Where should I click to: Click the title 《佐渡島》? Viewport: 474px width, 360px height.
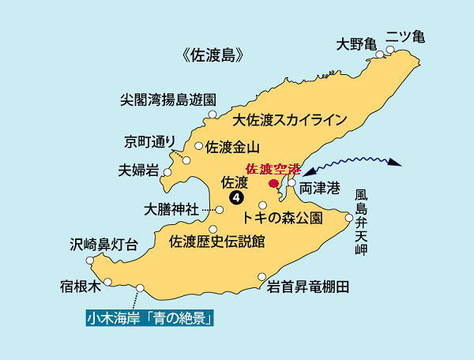(x=212, y=56)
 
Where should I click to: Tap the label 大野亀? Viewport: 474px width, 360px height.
(x=355, y=43)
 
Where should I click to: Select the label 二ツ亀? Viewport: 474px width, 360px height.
(x=405, y=37)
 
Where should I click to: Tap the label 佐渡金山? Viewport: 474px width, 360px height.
(x=232, y=147)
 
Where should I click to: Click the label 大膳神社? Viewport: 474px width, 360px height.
(x=171, y=210)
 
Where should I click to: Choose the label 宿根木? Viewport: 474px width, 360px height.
(x=81, y=284)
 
